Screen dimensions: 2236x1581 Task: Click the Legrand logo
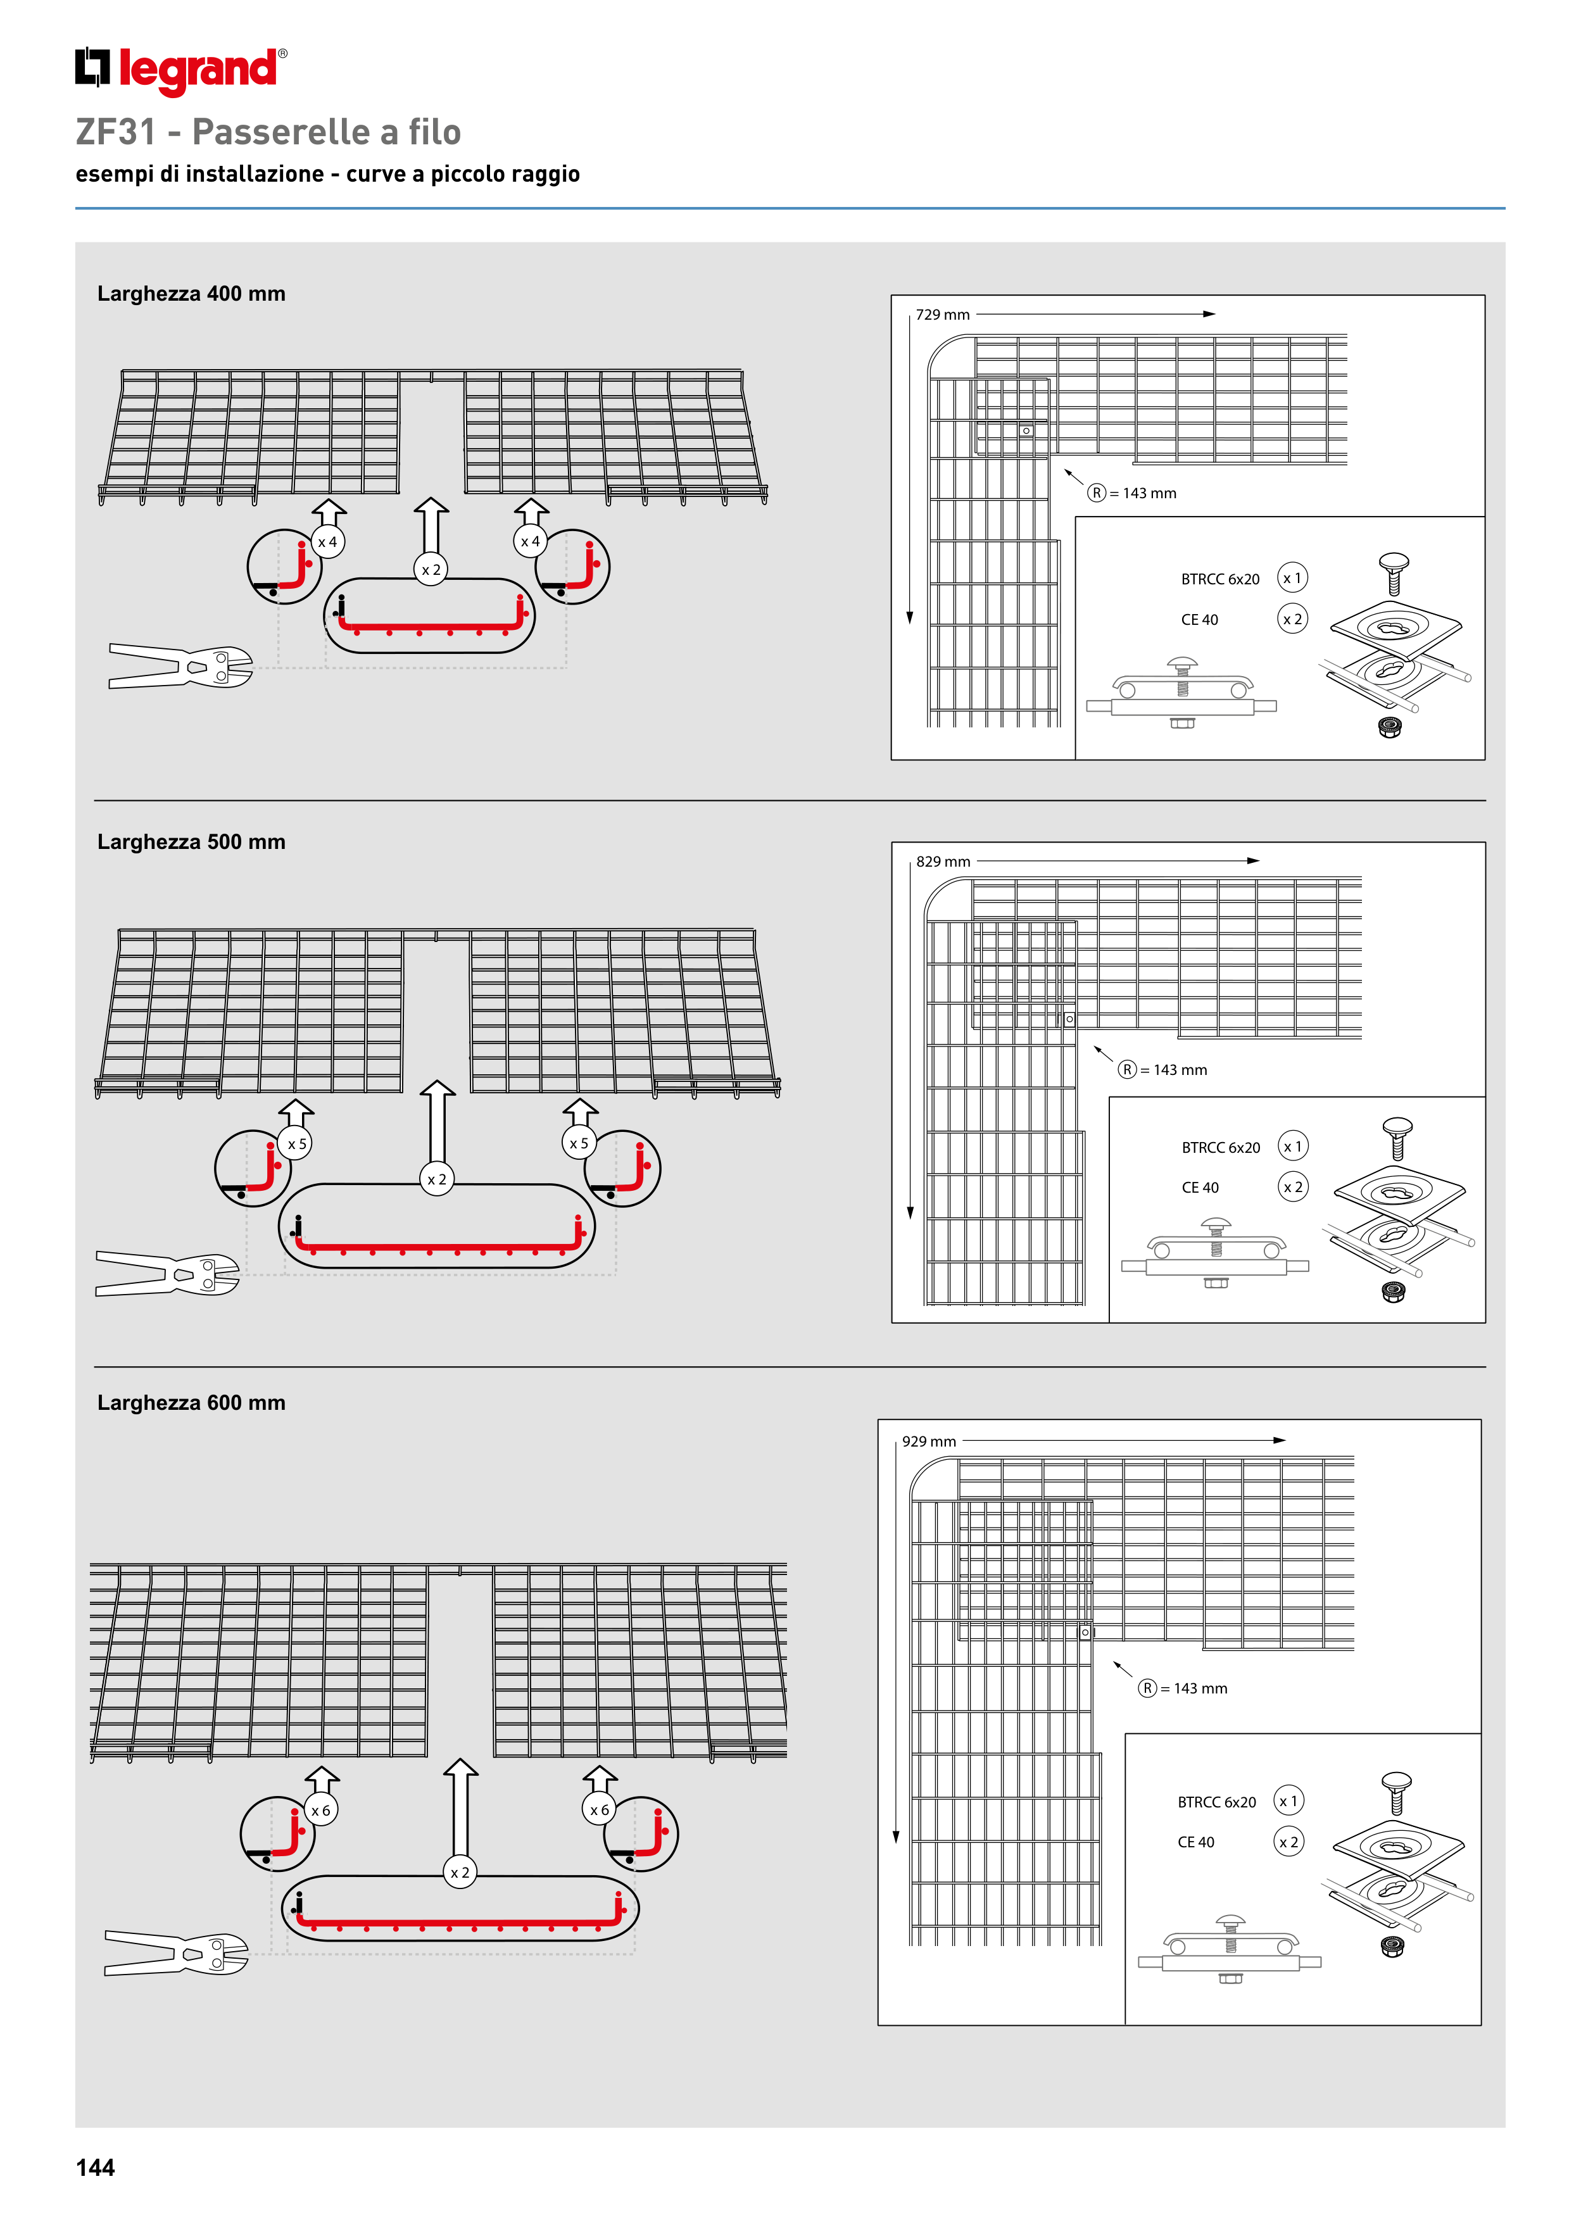[x=180, y=70]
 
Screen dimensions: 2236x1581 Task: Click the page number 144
[x=96, y=2167]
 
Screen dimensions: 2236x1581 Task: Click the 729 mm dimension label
[x=942, y=315]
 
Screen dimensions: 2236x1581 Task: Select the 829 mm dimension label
[x=943, y=862]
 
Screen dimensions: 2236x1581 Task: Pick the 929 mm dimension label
[x=928, y=1441]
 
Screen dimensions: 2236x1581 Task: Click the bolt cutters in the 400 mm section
[x=181, y=666]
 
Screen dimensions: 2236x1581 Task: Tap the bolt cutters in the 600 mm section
[x=176, y=1952]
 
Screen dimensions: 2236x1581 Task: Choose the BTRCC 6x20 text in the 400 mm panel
[x=1219, y=579]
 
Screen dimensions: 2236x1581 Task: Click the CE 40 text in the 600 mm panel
[x=1195, y=1843]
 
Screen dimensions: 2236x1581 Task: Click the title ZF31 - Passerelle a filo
[x=268, y=132]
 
